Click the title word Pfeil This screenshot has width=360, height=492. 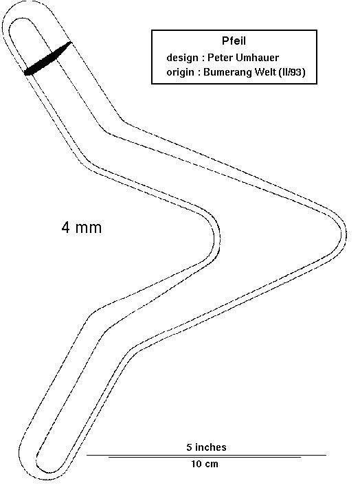click(234, 41)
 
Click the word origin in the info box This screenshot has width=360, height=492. click(180, 72)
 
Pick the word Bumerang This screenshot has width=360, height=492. click(227, 72)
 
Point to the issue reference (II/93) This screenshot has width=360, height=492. click(291, 72)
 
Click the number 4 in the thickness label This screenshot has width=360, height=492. click(65, 227)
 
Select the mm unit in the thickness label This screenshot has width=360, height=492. click(88, 229)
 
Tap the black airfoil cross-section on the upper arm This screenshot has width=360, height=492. click(47, 58)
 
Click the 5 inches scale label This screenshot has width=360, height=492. click(206, 447)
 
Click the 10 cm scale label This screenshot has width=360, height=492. click(205, 464)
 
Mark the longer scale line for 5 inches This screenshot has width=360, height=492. click(206, 455)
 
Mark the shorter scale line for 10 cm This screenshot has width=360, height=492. click(205, 458)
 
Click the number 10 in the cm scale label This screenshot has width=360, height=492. click(196, 464)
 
